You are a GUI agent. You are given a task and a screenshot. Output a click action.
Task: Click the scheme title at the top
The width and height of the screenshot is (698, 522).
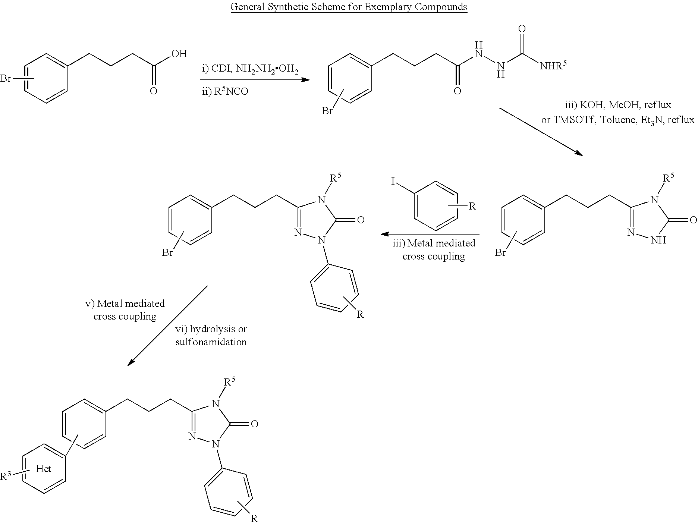pos(349,7)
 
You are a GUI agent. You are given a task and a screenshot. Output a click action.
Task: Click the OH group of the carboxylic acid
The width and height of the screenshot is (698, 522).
pos(179,54)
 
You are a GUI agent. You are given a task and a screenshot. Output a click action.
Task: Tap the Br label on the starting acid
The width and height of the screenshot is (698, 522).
pos(6,79)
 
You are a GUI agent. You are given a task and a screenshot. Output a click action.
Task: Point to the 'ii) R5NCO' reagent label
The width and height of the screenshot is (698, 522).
pos(225,91)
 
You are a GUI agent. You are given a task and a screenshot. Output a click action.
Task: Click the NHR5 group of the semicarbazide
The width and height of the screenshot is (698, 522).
pos(553,66)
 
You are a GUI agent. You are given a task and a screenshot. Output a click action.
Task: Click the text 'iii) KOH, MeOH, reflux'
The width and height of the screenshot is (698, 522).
pos(619,105)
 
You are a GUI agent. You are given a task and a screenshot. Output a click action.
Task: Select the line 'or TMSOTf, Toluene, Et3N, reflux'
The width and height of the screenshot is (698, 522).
pos(618,120)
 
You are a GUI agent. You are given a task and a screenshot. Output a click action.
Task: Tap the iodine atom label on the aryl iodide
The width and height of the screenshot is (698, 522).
pos(393,182)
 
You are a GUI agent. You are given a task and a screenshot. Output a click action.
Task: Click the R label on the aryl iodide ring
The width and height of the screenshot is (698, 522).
pos(472,206)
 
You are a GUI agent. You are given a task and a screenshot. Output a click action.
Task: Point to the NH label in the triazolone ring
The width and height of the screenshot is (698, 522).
pos(658,240)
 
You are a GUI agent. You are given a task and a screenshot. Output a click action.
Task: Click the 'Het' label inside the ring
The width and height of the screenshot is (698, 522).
pos(44,469)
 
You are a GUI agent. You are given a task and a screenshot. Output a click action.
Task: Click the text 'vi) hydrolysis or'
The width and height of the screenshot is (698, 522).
pos(211,329)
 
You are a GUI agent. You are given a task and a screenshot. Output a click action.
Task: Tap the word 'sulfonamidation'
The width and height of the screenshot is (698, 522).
pos(211,342)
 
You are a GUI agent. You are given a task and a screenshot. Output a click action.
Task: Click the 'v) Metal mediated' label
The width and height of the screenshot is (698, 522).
pos(125,304)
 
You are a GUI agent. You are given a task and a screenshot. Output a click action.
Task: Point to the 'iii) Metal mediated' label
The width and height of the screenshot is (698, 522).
pos(434,243)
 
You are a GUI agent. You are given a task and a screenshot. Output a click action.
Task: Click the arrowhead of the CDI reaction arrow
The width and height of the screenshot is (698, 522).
pos(306,80)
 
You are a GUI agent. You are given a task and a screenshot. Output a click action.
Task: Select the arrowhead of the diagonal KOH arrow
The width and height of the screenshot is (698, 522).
pos(579,153)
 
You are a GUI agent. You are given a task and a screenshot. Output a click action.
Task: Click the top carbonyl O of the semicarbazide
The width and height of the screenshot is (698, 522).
pos(522,29)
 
